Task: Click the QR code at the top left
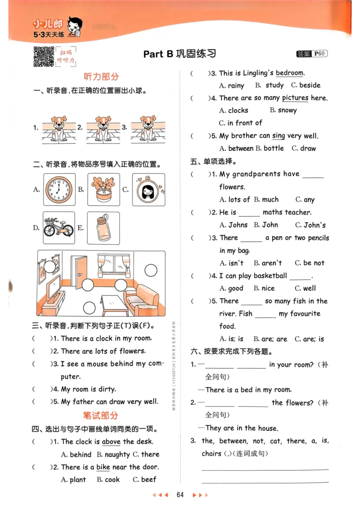point(44,56)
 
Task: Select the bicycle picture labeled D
point(58,228)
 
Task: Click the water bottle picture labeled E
point(103,228)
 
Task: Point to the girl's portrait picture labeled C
point(148,189)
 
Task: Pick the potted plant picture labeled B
point(103,189)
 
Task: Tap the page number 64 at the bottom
point(180,495)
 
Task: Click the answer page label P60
point(319,54)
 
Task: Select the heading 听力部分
point(101,76)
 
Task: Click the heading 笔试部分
point(101,415)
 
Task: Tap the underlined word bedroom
point(290,73)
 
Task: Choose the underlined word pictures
point(295,98)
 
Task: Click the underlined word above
point(111,442)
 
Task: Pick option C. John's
point(310,225)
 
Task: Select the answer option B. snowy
point(283,110)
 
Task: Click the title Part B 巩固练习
point(180,54)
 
